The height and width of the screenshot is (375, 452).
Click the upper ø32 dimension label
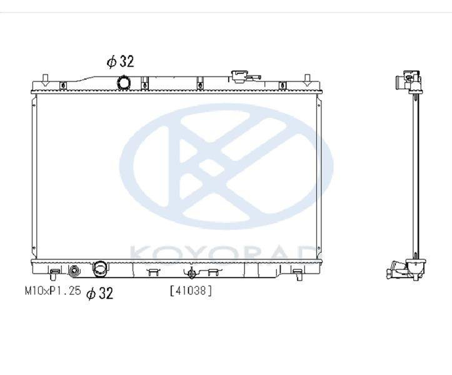coord(121,61)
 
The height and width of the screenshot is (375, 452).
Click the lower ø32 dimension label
coord(100,293)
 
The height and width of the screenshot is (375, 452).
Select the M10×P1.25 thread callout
coord(53,291)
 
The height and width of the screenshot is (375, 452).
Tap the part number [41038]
coord(191,291)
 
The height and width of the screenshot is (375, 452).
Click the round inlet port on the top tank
coord(123,82)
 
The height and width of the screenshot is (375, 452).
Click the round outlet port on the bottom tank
coord(100,268)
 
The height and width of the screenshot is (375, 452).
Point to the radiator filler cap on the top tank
coord(239,77)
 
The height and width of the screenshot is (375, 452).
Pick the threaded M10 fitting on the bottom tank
coord(74,271)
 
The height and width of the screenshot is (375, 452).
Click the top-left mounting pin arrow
coord(44,81)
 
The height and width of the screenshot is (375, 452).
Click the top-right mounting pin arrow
coord(308,81)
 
